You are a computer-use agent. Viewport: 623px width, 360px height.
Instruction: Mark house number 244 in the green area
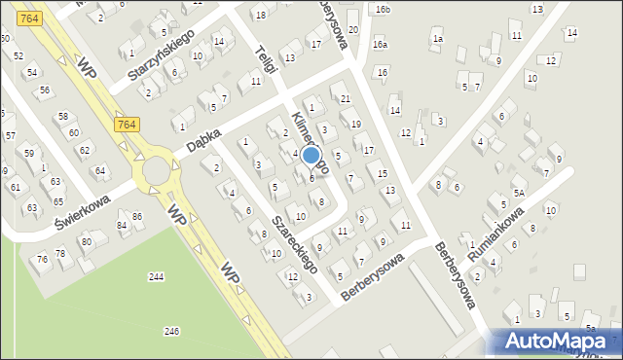point(156,277)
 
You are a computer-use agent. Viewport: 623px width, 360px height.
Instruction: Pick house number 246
point(171,332)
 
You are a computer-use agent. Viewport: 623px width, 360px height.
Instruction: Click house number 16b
point(384,10)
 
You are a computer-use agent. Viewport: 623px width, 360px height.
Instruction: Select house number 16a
point(380,45)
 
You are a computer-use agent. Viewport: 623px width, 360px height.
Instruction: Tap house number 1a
point(438,39)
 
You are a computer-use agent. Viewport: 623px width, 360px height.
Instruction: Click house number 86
point(137,215)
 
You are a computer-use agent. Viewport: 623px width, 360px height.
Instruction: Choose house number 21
point(346,98)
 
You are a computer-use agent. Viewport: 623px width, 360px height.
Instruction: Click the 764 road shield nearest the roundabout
point(126,125)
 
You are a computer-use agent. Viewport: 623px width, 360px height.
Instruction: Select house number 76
point(42,259)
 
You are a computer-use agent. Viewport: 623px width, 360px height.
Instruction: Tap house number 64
point(99,171)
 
